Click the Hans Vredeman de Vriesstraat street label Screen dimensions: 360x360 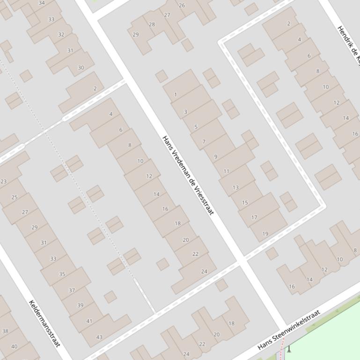pos(188,175)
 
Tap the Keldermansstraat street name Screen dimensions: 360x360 pos(45,324)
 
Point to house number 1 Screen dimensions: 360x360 pos(176,94)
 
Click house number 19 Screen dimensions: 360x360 pos(265,234)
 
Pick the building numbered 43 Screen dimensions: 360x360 pos(99,337)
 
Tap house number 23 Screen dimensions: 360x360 pos(4,181)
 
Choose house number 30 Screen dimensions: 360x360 pos(81,68)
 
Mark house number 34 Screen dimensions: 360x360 pos(42,3)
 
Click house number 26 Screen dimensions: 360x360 pos(182,6)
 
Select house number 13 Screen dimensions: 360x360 pos(235,187)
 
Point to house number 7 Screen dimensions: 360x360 pos(204,142)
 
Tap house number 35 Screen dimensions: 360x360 pos(62,274)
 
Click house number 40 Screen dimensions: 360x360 pos(14,346)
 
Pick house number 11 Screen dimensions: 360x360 pos(227,171)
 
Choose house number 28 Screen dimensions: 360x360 pos(152,24)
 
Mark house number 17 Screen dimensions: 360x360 pos(254,217)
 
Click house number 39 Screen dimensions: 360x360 pos(80,305)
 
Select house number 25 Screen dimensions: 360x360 pos(15,197)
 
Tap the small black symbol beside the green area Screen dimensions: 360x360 pos(289,349)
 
